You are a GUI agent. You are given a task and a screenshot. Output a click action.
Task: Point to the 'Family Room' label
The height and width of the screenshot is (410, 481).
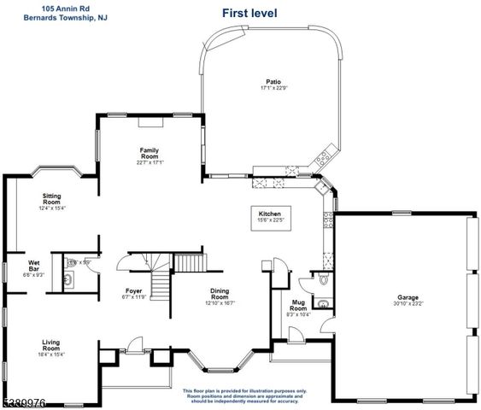150,154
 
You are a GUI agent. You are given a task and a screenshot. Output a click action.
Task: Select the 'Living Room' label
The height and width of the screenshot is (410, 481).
51,345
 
